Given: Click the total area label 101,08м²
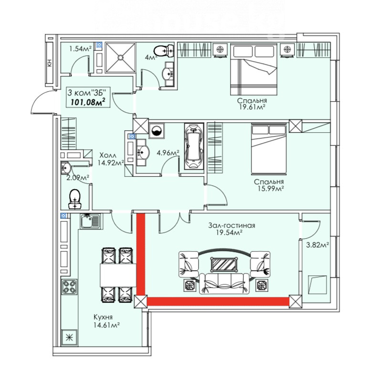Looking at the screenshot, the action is tap(88, 102).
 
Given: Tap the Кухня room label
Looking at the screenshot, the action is tap(103, 317).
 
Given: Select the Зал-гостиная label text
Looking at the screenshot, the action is tap(232, 225).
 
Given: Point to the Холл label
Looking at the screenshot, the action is tap(108, 155).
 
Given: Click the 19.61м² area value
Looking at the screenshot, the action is tap(252, 107).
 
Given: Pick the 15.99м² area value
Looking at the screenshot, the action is tap(271, 188).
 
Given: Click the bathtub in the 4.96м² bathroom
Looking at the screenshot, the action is tap(193, 146).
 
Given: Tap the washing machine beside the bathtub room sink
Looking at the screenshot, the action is tap(157, 131).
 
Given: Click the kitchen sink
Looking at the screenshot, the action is tap(90, 221).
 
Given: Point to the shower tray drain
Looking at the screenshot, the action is tap(120, 57).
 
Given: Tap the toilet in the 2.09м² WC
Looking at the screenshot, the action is tap(75, 199).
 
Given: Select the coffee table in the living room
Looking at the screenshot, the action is tap(224, 264).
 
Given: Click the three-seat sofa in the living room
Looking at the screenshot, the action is tap(224, 284).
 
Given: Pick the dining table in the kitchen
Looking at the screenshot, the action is tap(118, 275).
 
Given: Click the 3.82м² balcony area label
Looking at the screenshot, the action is tap(317, 245).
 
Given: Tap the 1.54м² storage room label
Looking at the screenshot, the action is tap(80, 49).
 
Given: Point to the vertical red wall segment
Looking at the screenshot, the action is tap(141, 254).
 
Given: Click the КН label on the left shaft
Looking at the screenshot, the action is tap(50, 63).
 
